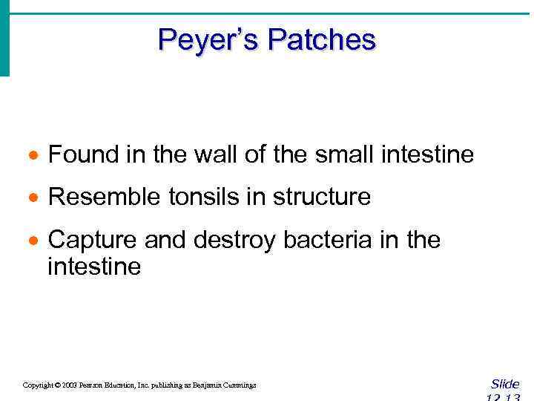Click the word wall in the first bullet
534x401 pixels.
pos(200,155)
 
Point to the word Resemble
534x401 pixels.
pos(99,198)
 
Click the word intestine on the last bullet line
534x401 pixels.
pos(93,267)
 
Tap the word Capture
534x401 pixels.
pos(92,241)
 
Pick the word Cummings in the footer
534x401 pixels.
pos(237,385)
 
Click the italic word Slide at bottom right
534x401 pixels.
pos(505,384)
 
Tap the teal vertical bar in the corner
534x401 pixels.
pos(4,37)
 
